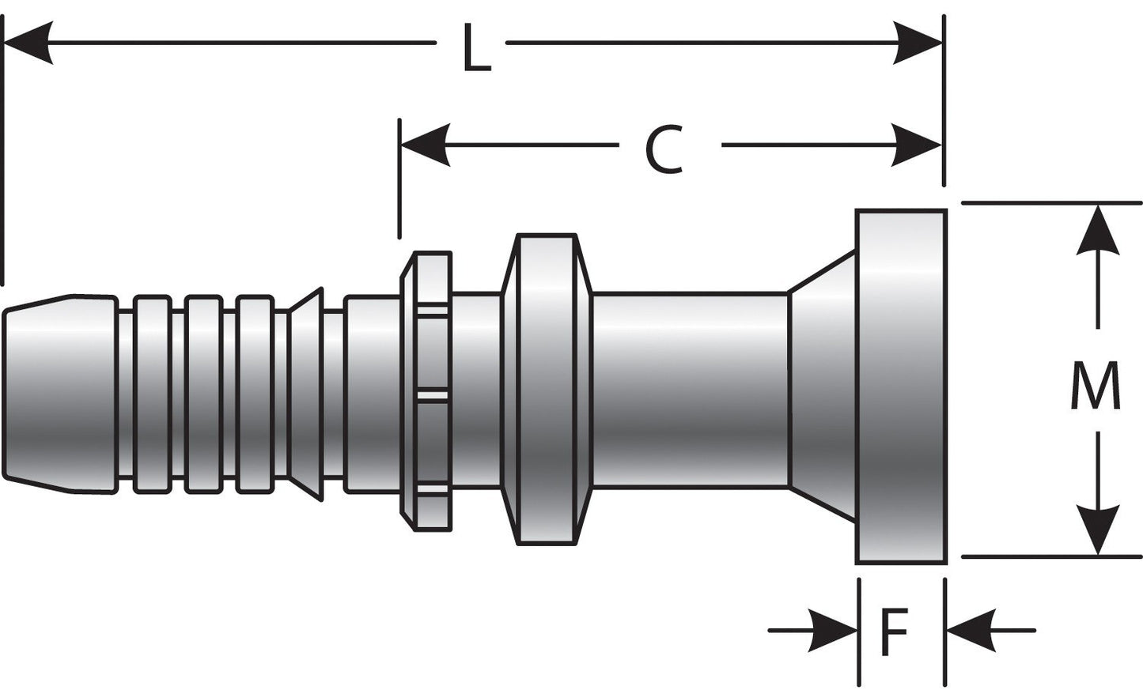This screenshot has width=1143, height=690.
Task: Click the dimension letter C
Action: tap(664, 150)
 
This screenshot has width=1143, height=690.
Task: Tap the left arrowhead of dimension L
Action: tap(28, 42)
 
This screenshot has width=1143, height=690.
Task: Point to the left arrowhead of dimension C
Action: tap(426, 145)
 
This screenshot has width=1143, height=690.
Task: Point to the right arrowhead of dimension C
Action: tap(918, 145)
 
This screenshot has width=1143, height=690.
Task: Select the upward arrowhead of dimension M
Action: tap(1097, 229)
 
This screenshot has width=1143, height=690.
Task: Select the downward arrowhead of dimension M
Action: tap(1097, 530)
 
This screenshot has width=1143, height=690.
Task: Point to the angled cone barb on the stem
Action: tap(305, 394)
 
